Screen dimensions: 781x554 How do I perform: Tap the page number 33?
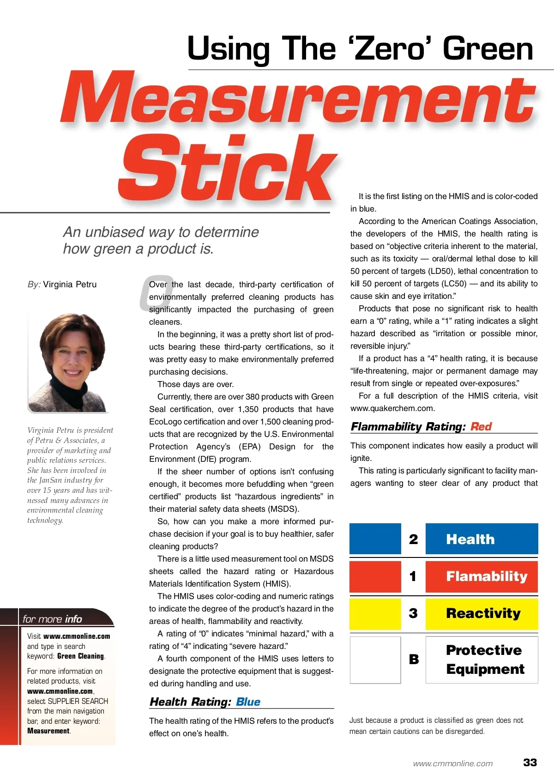(x=530, y=762)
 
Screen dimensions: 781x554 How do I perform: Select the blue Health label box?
(x=482, y=539)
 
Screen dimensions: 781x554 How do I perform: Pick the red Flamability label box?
(x=482, y=576)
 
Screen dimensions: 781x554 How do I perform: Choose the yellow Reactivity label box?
(x=482, y=613)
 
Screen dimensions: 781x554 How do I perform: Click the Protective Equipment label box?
(x=482, y=660)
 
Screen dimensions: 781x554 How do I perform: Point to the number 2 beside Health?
(x=413, y=539)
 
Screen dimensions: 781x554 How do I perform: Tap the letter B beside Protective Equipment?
(x=414, y=660)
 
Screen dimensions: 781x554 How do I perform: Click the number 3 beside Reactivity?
(x=413, y=613)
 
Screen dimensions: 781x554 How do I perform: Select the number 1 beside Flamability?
(x=413, y=576)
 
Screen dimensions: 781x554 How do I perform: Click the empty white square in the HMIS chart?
(x=375, y=660)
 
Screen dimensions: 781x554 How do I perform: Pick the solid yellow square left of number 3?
(x=375, y=613)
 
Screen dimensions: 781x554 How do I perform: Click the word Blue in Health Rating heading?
(x=248, y=702)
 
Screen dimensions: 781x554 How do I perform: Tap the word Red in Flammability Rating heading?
(x=481, y=426)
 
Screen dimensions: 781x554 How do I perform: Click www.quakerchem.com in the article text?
(x=392, y=408)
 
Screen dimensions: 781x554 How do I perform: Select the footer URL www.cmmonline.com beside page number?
(x=452, y=763)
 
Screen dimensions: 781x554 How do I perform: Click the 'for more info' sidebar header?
(x=52, y=619)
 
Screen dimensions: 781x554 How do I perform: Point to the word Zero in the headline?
(x=390, y=49)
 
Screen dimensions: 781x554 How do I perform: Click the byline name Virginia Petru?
(x=70, y=284)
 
